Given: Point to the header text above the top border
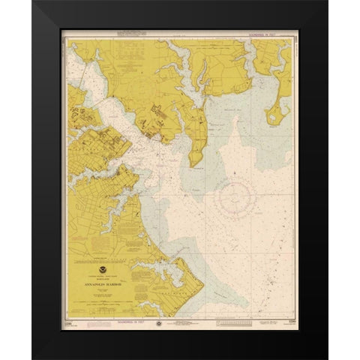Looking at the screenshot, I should coord(181,32).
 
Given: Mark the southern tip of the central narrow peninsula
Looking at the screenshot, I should coord(193,164).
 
